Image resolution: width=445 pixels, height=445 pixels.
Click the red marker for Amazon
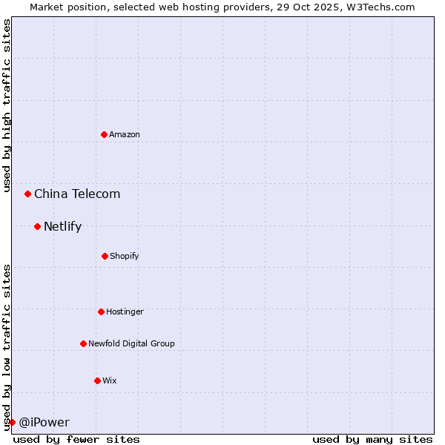click(x=104, y=134)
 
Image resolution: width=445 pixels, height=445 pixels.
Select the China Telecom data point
click(x=28, y=194)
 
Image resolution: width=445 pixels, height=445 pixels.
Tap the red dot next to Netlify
click(x=37, y=226)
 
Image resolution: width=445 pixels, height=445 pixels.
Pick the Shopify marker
click(x=105, y=256)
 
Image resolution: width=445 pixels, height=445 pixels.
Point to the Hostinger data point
click(x=101, y=311)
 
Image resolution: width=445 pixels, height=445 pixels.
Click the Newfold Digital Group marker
click(x=83, y=343)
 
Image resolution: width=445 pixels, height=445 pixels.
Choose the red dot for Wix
click(x=97, y=380)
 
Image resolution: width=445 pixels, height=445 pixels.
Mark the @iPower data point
click(x=12, y=422)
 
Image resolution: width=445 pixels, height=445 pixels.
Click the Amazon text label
click(x=125, y=134)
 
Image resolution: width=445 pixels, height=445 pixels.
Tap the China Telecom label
click(x=77, y=194)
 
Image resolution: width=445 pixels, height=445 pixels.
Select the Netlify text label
click(x=62, y=227)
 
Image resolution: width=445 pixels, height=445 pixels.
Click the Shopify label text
click(x=125, y=256)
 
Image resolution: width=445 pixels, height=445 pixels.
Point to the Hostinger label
click(x=125, y=311)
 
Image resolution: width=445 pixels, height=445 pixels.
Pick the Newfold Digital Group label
click(x=131, y=343)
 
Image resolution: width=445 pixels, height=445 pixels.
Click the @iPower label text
click(x=44, y=423)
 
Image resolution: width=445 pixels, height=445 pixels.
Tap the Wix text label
click(x=110, y=380)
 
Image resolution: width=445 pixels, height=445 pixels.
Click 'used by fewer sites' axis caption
click(x=76, y=439)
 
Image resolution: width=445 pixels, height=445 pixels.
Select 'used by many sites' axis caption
click(x=372, y=439)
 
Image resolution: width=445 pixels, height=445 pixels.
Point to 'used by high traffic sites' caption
click(x=7, y=105)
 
